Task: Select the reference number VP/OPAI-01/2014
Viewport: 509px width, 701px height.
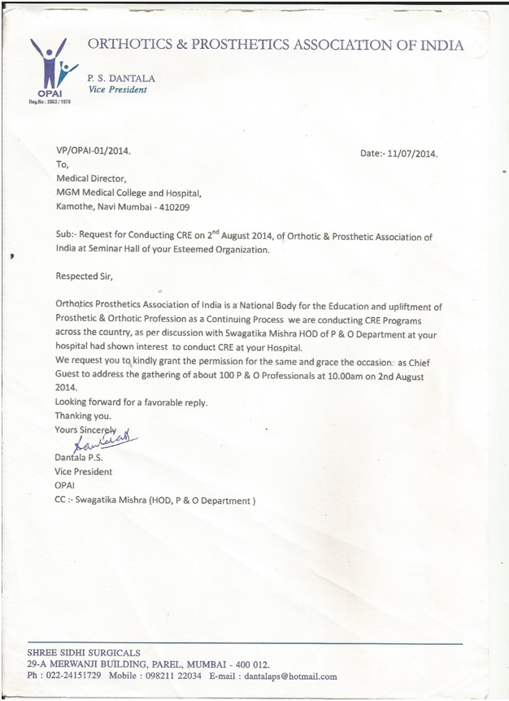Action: click(x=92, y=150)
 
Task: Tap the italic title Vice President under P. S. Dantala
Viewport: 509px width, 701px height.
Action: click(x=117, y=89)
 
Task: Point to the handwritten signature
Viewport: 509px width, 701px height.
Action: click(x=102, y=442)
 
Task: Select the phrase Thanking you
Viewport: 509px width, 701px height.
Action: click(x=82, y=416)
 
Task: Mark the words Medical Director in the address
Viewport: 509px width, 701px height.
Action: click(x=91, y=179)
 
